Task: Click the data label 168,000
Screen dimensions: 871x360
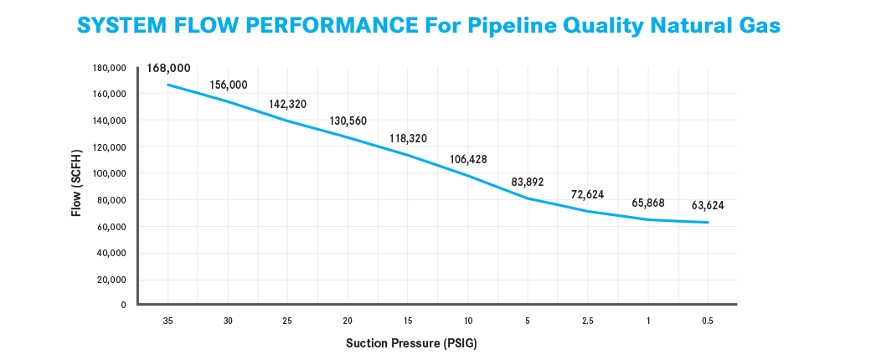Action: coord(169,69)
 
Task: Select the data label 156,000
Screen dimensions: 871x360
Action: coord(229,85)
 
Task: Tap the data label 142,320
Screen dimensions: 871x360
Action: coord(288,104)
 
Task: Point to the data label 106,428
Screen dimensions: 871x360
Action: coord(467,159)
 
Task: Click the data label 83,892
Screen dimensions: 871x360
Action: coord(528,182)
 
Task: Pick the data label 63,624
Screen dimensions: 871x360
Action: coord(708,206)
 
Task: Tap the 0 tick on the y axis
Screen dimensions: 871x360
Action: coord(125,305)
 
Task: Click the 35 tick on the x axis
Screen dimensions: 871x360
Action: coord(167,321)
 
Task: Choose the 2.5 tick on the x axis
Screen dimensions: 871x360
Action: coord(588,321)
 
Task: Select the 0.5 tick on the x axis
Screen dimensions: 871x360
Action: coord(708,321)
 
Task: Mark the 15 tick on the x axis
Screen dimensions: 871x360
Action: coord(408,321)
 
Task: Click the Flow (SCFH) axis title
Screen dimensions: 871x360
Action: coord(77,183)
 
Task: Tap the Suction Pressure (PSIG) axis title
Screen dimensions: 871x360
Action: coord(411,343)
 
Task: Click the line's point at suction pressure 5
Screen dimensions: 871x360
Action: coord(528,198)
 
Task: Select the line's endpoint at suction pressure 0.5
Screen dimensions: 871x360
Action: coord(708,222)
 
